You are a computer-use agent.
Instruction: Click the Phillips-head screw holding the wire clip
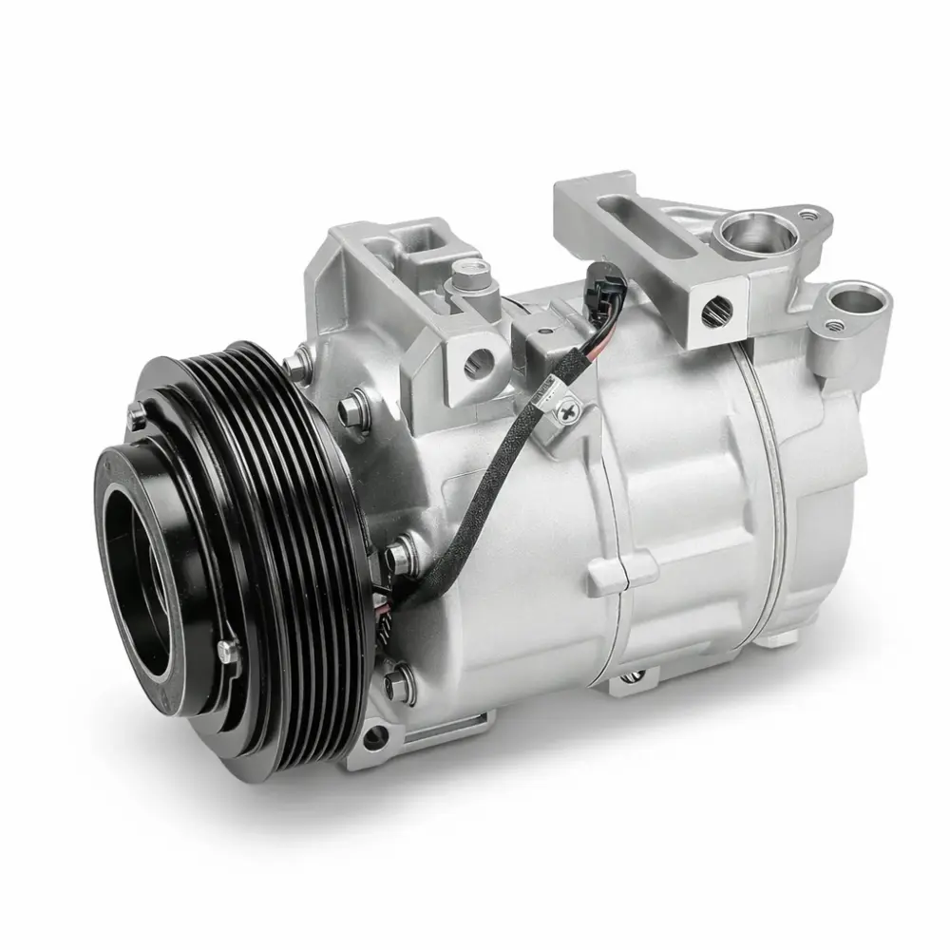[x=569, y=411]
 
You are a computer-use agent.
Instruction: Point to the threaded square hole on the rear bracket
[x=715, y=306]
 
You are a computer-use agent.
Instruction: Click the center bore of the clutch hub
[x=152, y=570]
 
